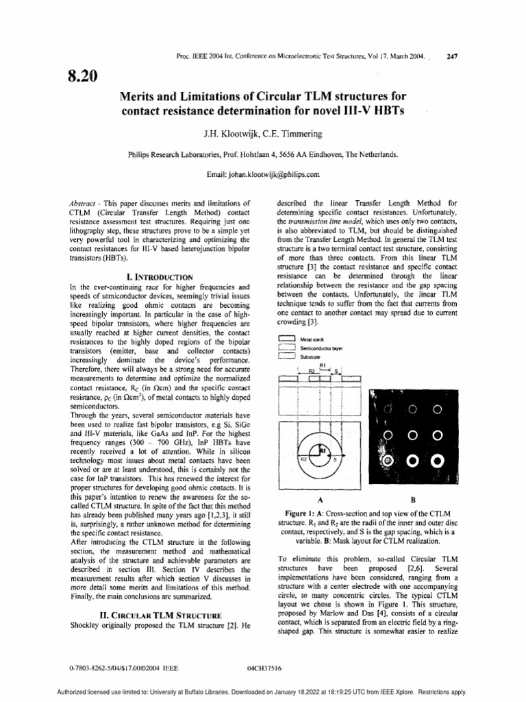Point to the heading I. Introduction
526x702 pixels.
coord(161,276)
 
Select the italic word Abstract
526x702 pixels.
coord(86,204)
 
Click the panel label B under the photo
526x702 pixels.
coord(412,500)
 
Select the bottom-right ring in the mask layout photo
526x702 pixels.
coord(438,461)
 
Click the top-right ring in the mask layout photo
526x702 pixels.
coord(438,409)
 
